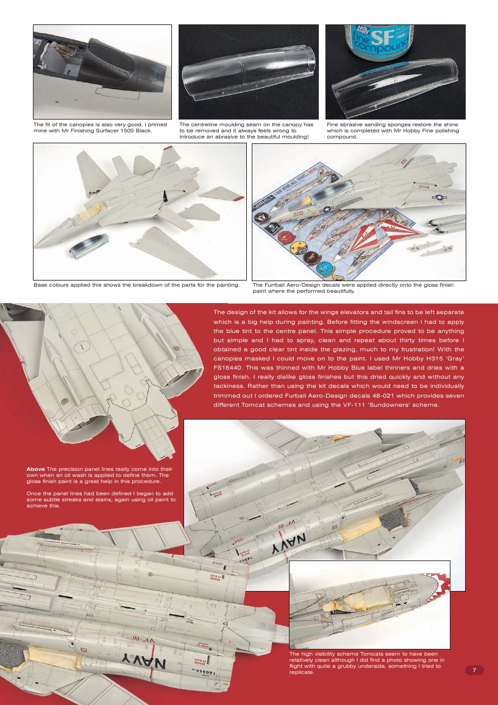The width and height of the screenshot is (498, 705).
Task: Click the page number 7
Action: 474,670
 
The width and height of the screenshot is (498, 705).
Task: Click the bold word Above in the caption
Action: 35,468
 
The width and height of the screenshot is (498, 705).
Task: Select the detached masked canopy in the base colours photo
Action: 90,247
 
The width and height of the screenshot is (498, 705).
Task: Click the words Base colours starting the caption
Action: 49,284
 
